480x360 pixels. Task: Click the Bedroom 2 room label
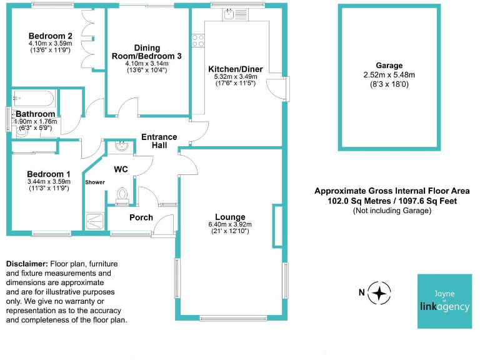(x=51, y=36)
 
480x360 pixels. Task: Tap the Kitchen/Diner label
(x=236, y=69)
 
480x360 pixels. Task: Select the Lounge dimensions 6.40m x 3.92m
(x=230, y=224)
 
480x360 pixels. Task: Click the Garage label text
(x=389, y=66)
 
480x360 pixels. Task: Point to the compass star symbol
(x=379, y=293)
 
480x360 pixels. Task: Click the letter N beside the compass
(x=361, y=292)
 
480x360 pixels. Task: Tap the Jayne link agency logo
(x=444, y=301)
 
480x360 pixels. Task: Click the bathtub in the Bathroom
(x=34, y=98)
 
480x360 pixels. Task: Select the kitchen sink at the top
(x=236, y=14)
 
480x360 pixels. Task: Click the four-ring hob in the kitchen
(x=198, y=41)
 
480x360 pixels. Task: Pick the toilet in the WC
(x=122, y=196)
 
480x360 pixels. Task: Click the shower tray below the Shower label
(x=95, y=221)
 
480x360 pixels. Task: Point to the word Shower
(x=95, y=182)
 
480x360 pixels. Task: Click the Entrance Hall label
(x=159, y=141)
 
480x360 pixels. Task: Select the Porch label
(x=141, y=217)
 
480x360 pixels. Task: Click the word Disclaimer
(x=27, y=264)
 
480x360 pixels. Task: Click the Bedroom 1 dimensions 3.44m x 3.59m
(x=49, y=181)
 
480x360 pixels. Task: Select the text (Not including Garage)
(x=392, y=211)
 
